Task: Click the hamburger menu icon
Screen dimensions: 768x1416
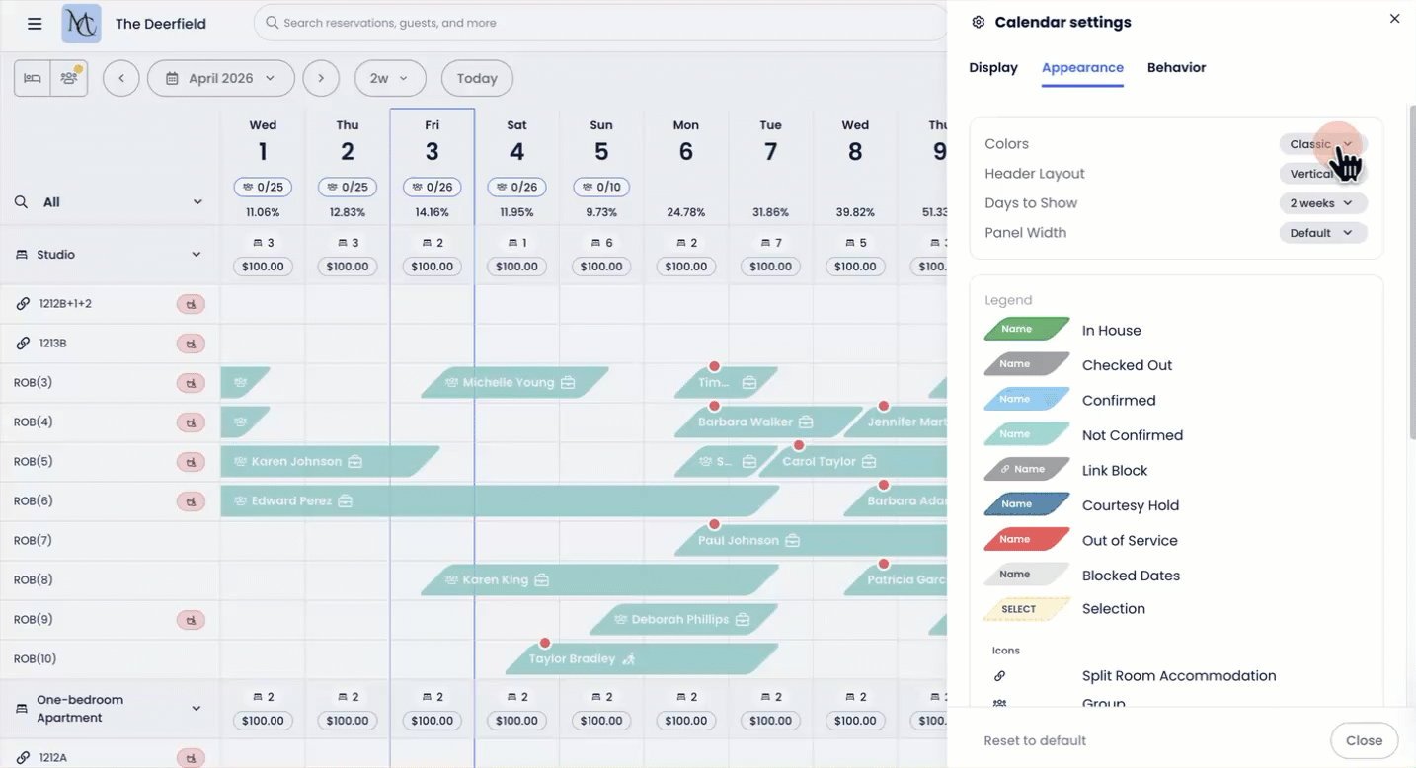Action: pos(35,24)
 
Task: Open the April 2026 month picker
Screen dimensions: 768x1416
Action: pos(220,79)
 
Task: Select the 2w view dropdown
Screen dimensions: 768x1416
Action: pos(389,79)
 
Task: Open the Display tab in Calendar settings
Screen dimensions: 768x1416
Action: pos(993,68)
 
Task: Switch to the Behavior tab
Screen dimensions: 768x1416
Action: pos(1176,68)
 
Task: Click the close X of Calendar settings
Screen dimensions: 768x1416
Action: pos(1394,19)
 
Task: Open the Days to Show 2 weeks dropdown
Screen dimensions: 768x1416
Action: pos(1322,203)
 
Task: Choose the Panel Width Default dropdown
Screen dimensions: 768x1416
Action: pos(1322,233)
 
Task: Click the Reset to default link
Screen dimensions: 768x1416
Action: pos(1035,740)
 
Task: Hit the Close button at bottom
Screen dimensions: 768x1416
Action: pos(1364,740)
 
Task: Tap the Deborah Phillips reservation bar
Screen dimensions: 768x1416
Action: pos(681,620)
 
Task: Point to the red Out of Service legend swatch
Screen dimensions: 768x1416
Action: pos(1027,540)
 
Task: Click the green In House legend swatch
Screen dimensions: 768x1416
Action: pos(1027,330)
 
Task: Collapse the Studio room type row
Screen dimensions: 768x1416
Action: pos(197,255)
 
